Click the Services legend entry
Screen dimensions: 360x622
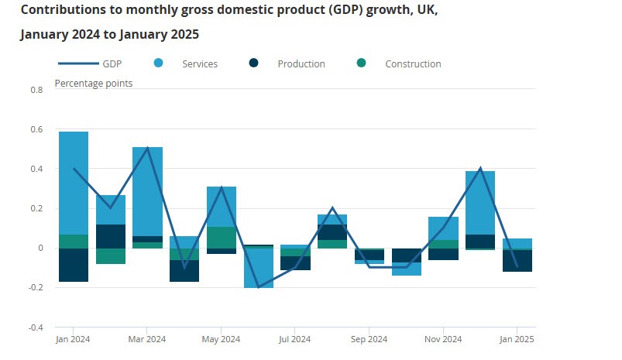(199, 63)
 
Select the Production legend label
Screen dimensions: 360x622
(301, 63)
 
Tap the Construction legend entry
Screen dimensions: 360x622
(413, 63)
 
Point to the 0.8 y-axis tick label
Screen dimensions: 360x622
(36, 90)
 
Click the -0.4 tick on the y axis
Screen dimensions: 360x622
(36, 327)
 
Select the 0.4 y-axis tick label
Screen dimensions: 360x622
(36, 169)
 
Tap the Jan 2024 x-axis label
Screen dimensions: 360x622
(73, 339)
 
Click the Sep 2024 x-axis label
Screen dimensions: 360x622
(369, 339)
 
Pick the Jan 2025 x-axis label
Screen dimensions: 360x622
(517, 339)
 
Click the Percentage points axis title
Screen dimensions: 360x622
(93, 83)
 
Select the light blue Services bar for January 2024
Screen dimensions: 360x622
(74, 183)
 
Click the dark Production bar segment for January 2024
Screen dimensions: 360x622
(74, 265)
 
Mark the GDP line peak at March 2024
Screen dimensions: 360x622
(147, 149)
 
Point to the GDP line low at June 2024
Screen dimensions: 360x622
(258, 286)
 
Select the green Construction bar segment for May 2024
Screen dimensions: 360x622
(222, 238)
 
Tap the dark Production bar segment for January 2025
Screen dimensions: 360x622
(517, 260)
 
